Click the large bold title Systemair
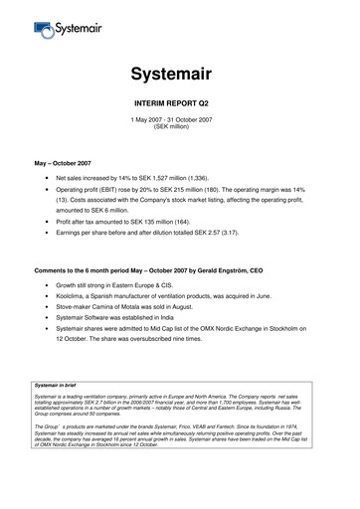(x=180, y=74)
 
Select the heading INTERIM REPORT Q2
(x=180, y=102)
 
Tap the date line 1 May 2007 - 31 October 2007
(x=180, y=119)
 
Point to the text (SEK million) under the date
(x=180, y=127)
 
